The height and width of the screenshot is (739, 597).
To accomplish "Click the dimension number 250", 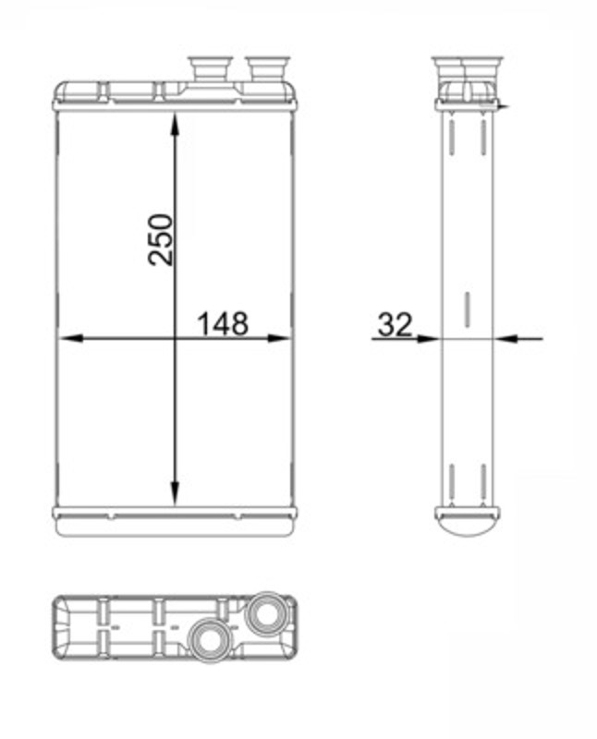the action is pyautogui.click(x=160, y=239).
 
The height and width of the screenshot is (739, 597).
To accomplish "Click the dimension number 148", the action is pyautogui.click(x=223, y=324).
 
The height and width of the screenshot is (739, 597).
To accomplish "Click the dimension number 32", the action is pyautogui.click(x=396, y=324).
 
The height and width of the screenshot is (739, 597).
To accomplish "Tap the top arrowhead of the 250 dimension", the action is pyautogui.click(x=175, y=124).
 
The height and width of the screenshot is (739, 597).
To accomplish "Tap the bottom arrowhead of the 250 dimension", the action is pyautogui.click(x=175, y=493).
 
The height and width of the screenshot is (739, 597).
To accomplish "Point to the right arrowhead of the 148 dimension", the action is pyautogui.click(x=279, y=338).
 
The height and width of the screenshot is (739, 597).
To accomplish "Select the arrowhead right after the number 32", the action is pyautogui.click(x=428, y=338).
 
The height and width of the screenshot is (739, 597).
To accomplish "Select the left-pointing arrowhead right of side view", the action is pyautogui.click(x=506, y=338).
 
